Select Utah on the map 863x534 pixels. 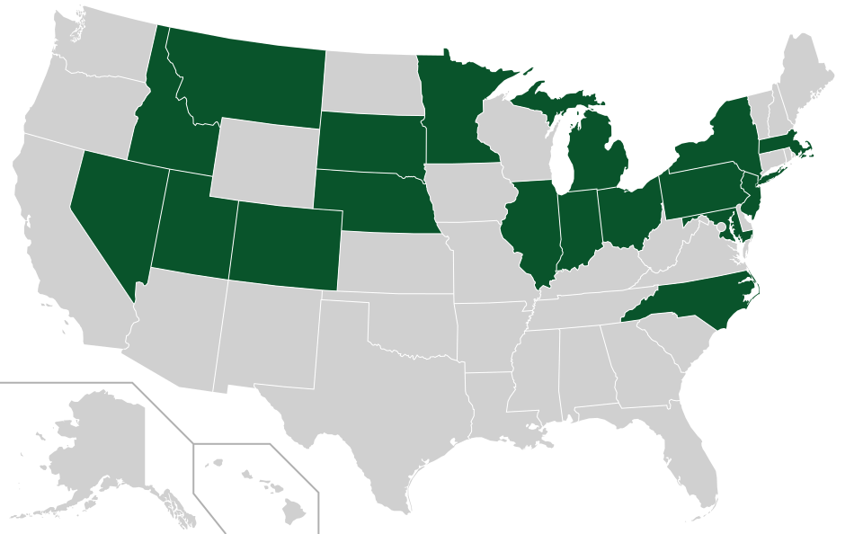click(x=193, y=225)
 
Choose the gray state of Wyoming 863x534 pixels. click(x=265, y=148)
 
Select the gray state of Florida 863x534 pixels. click(x=697, y=449)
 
